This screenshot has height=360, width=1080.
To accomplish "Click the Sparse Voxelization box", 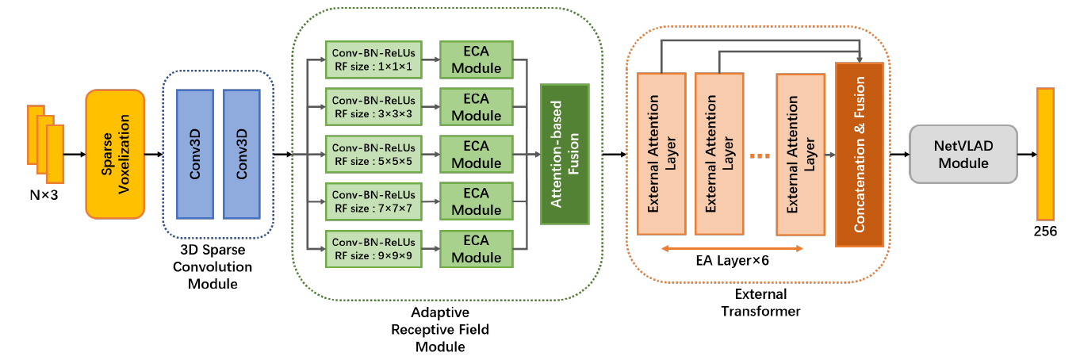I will [x=115, y=153].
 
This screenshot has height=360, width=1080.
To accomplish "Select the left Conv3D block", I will [x=195, y=153].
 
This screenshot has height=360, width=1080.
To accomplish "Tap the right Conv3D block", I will [x=242, y=153].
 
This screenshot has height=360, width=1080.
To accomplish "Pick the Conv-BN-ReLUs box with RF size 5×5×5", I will [x=373, y=154].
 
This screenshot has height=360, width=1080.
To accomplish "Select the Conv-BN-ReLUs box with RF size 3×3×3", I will [x=373, y=107].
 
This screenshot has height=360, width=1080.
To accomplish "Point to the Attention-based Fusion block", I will [x=564, y=154].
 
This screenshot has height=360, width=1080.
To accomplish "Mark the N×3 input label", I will [x=44, y=191].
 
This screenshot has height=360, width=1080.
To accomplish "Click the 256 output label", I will [x=1045, y=232].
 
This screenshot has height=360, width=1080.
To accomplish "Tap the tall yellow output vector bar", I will [x=1044, y=154].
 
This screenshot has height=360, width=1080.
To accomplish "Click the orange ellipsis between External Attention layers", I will [x=760, y=156].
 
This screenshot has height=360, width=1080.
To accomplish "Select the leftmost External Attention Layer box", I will [x=661, y=154].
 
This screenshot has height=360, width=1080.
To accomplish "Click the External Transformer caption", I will [x=760, y=302].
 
